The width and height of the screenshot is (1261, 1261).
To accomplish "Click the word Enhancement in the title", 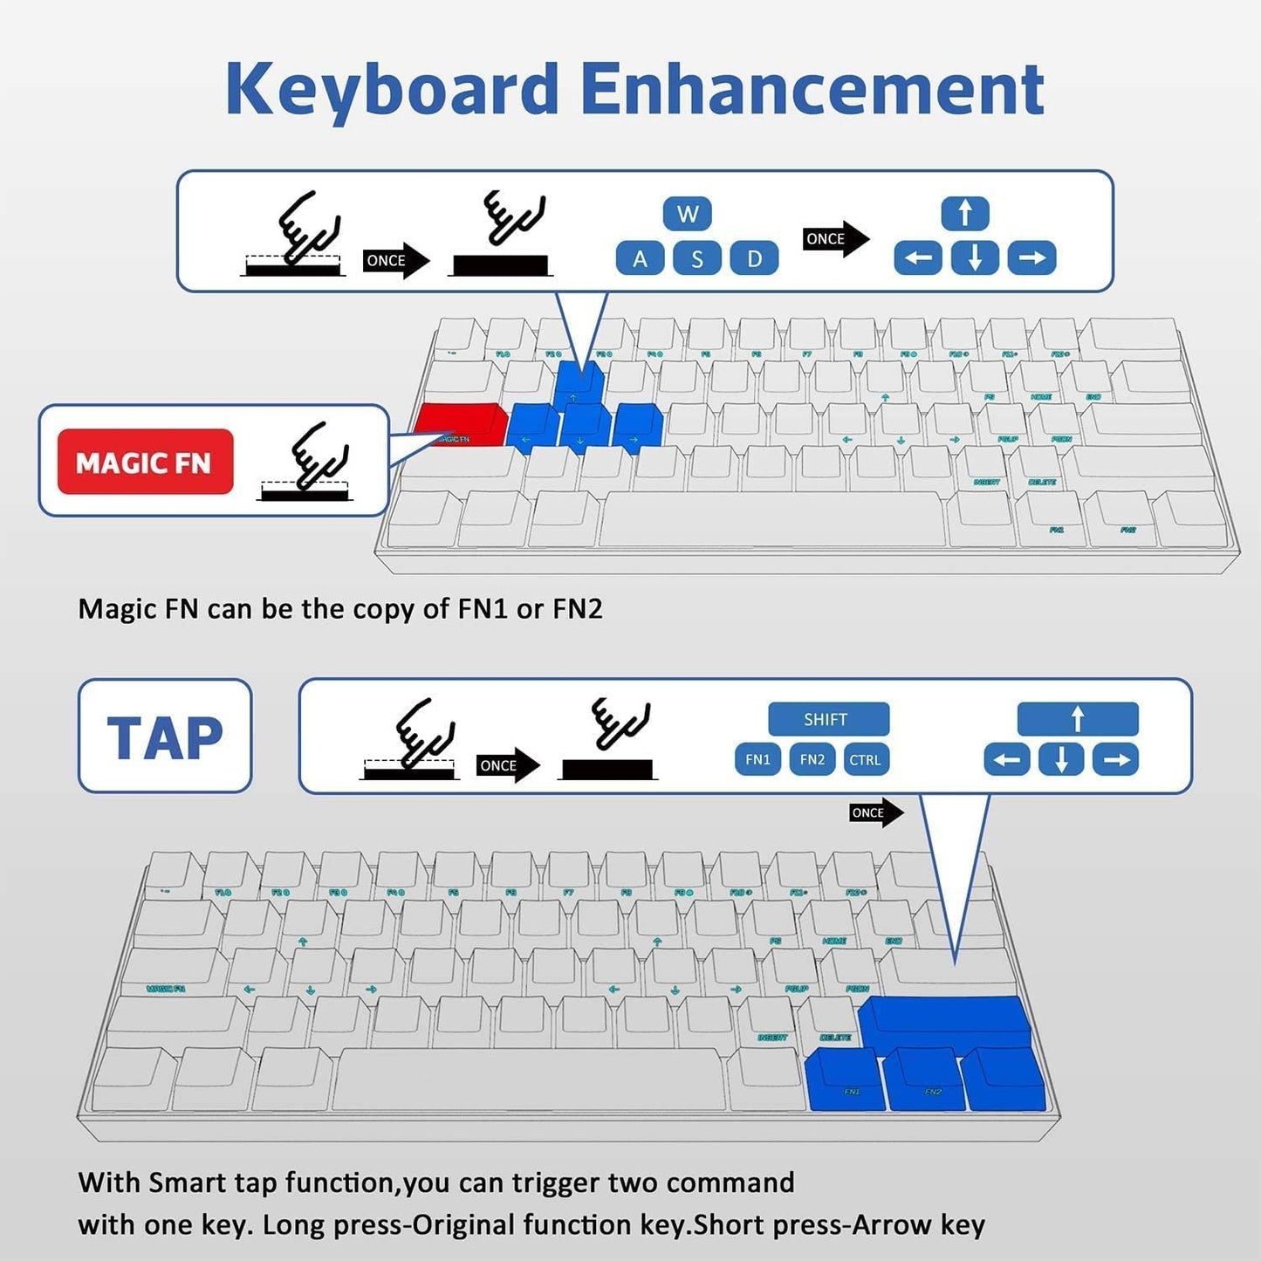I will pyautogui.click(x=812, y=89).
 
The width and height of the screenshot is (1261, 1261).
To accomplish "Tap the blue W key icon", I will pyautogui.click(x=687, y=214).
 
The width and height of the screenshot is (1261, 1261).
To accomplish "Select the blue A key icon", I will pyautogui.click(x=640, y=258).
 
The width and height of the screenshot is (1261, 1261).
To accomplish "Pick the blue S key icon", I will pyautogui.click(x=696, y=258).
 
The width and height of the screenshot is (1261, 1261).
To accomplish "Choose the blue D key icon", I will pyautogui.click(x=754, y=258).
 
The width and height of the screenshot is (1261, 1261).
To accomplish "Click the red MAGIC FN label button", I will pyautogui.click(x=145, y=462).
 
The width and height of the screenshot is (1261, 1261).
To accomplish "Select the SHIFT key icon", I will pyautogui.click(x=827, y=719).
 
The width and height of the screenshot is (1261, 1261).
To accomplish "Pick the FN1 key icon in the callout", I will pyautogui.click(x=757, y=759).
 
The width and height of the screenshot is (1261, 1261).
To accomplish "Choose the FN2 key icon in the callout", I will pyautogui.click(x=812, y=759).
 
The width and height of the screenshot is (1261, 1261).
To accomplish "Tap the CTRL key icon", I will pyautogui.click(x=865, y=759).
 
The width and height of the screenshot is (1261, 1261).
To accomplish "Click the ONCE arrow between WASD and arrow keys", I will pyautogui.click(x=834, y=239).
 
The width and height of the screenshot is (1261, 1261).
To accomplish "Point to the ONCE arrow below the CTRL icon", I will pyautogui.click(x=874, y=812).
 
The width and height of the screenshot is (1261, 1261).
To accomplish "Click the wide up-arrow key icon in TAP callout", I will pyautogui.click(x=1077, y=719).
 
